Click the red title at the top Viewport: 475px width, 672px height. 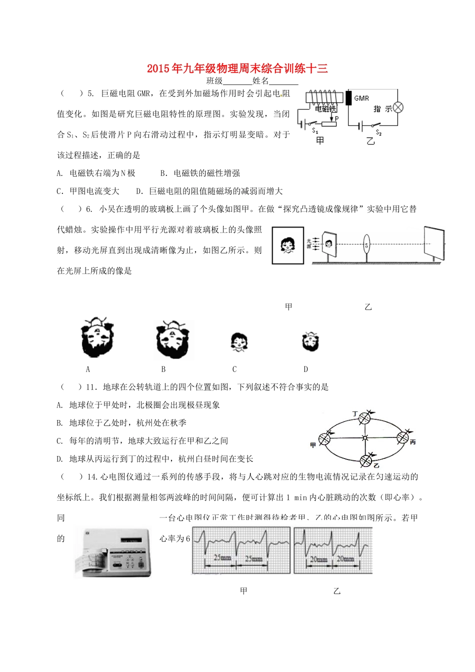tap(237, 68)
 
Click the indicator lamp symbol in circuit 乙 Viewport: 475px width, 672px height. tap(398, 107)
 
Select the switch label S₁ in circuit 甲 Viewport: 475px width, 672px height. tap(315, 130)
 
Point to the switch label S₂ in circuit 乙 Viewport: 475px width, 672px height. tap(378, 132)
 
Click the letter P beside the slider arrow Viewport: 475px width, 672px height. tap(336, 118)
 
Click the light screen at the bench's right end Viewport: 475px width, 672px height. tap(433, 243)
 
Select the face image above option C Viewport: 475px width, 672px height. tap(239, 342)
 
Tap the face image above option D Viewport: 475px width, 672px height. tap(310, 342)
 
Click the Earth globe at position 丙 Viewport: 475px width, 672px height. tap(402, 437)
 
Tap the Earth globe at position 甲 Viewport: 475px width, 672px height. tap(325, 439)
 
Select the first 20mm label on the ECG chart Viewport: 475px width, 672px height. tap(318, 559)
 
